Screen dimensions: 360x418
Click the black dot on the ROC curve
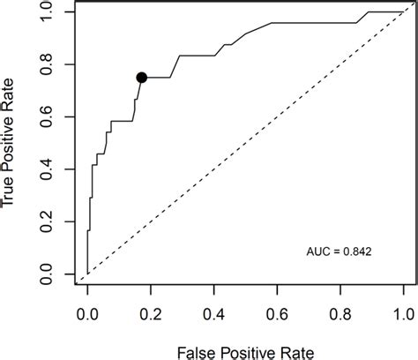pos(142,78)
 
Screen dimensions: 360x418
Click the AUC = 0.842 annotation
pos(340,251)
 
